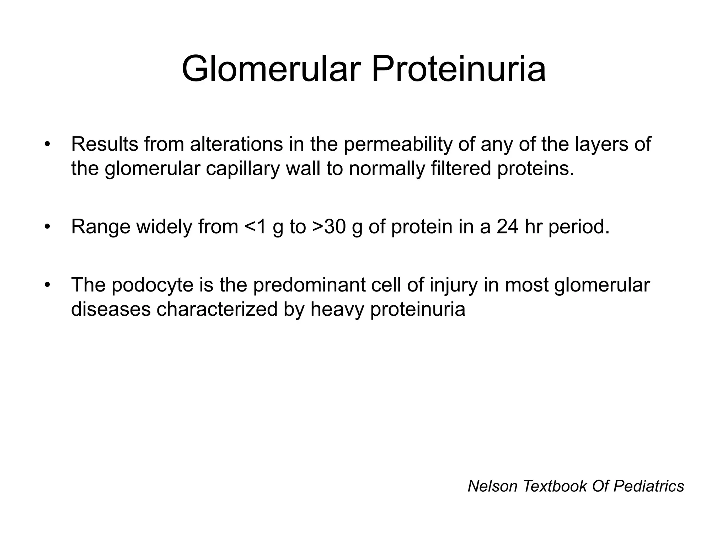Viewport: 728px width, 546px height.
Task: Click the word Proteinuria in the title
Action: tap(459, 69)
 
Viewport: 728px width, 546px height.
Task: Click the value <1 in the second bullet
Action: tap(255, 227)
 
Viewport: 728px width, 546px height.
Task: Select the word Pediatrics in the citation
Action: tap(648, 486)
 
